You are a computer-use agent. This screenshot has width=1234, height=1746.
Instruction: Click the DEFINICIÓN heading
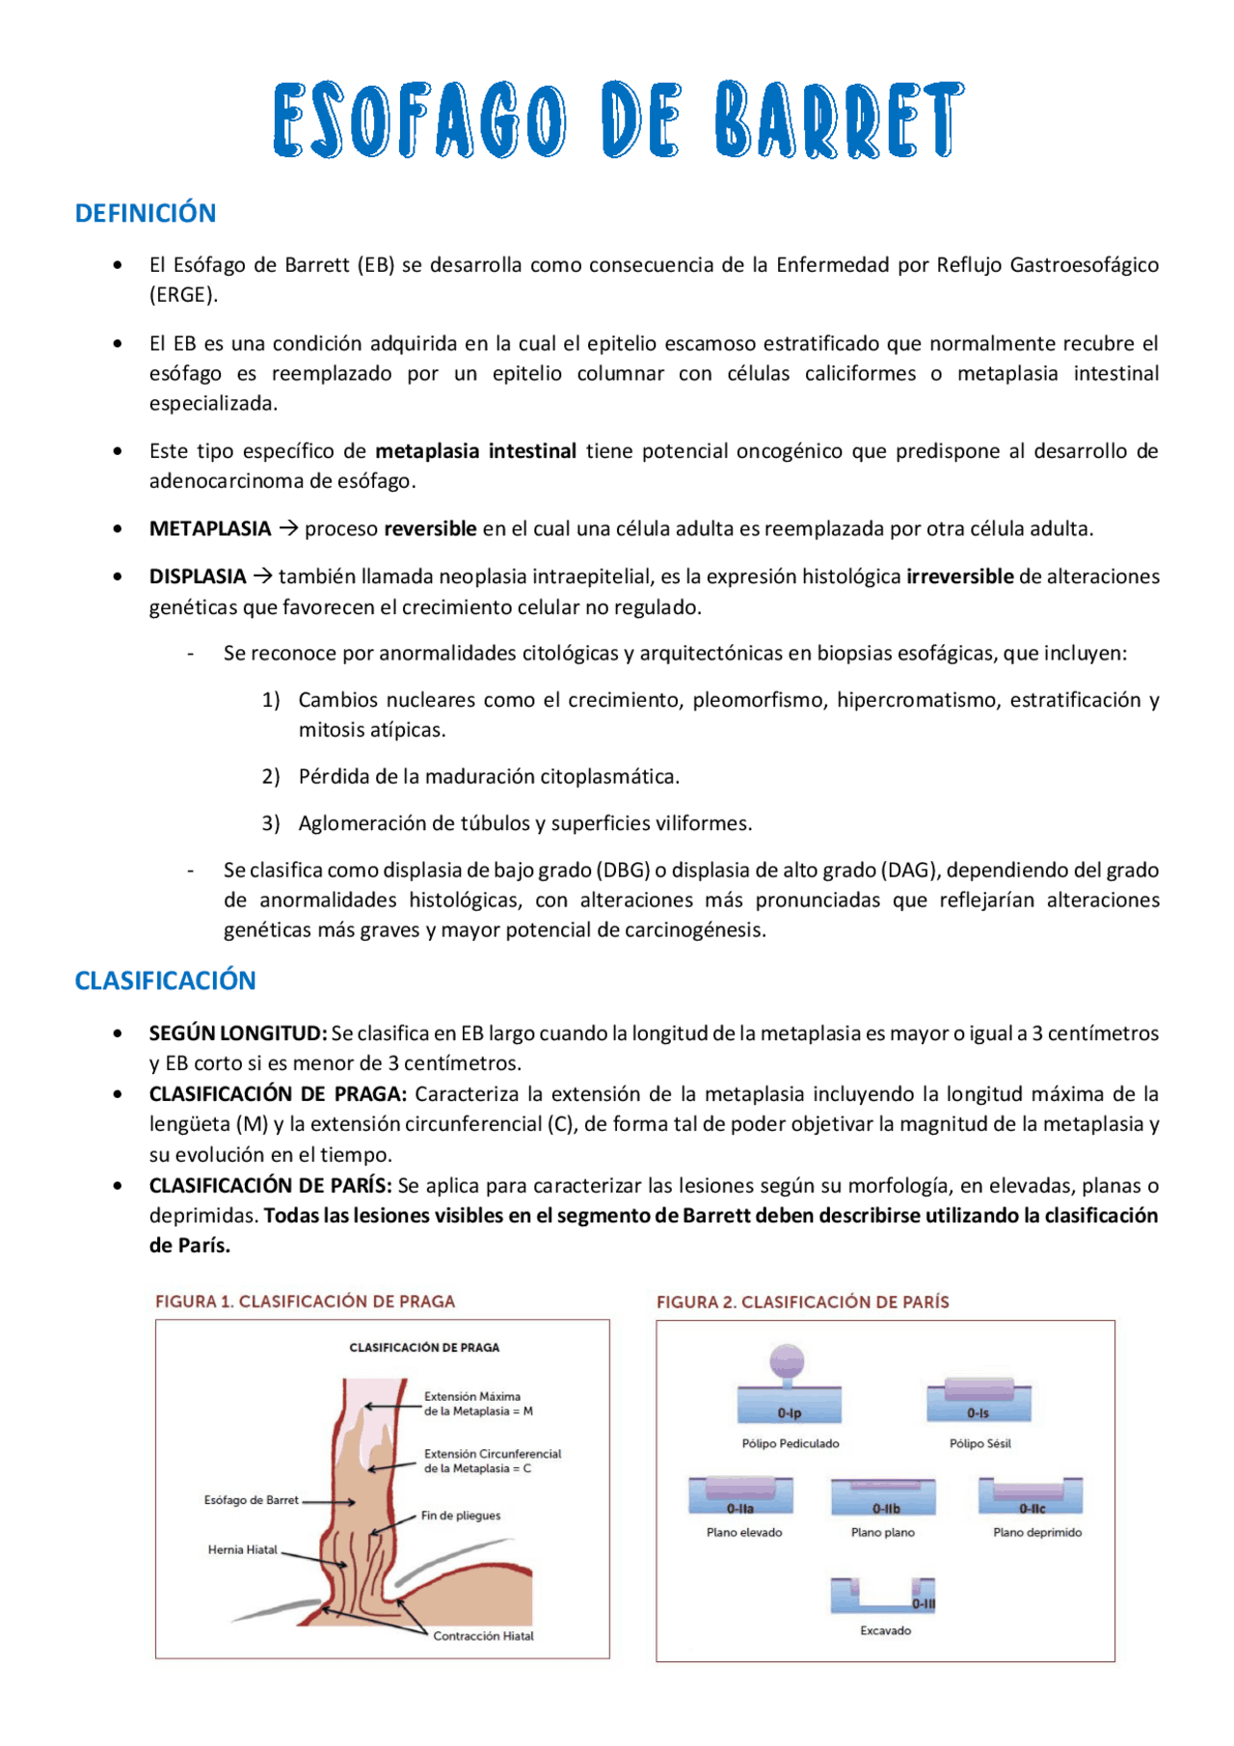146,213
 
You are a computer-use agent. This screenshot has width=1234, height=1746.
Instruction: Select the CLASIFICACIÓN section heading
165,980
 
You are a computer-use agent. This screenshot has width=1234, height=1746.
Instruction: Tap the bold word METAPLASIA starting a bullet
210,528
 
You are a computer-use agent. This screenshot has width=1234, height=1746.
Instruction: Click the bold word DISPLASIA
198,577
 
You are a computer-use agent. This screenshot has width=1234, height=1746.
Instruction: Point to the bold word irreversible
959,577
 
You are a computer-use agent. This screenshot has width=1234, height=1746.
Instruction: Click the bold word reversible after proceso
430,528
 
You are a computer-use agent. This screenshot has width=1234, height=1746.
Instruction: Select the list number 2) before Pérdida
271,776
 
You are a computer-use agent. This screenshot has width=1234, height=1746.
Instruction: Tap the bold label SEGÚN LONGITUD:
238,1033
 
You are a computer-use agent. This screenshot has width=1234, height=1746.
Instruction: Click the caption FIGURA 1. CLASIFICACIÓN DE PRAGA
305,1301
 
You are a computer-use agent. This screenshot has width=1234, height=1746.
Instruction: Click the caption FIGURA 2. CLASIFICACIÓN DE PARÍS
802,1302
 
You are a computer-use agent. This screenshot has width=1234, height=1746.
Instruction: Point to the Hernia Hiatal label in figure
242,1549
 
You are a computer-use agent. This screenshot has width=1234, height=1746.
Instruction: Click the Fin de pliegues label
461,1515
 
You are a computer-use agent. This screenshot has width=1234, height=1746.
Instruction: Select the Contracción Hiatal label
483,1635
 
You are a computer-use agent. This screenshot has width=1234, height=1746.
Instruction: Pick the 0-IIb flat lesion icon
883,1496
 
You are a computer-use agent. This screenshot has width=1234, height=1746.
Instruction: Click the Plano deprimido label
1037,1532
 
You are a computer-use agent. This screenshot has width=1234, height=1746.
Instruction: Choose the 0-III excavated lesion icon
883,1596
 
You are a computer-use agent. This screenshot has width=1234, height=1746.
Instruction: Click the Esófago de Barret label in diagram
251,1500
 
